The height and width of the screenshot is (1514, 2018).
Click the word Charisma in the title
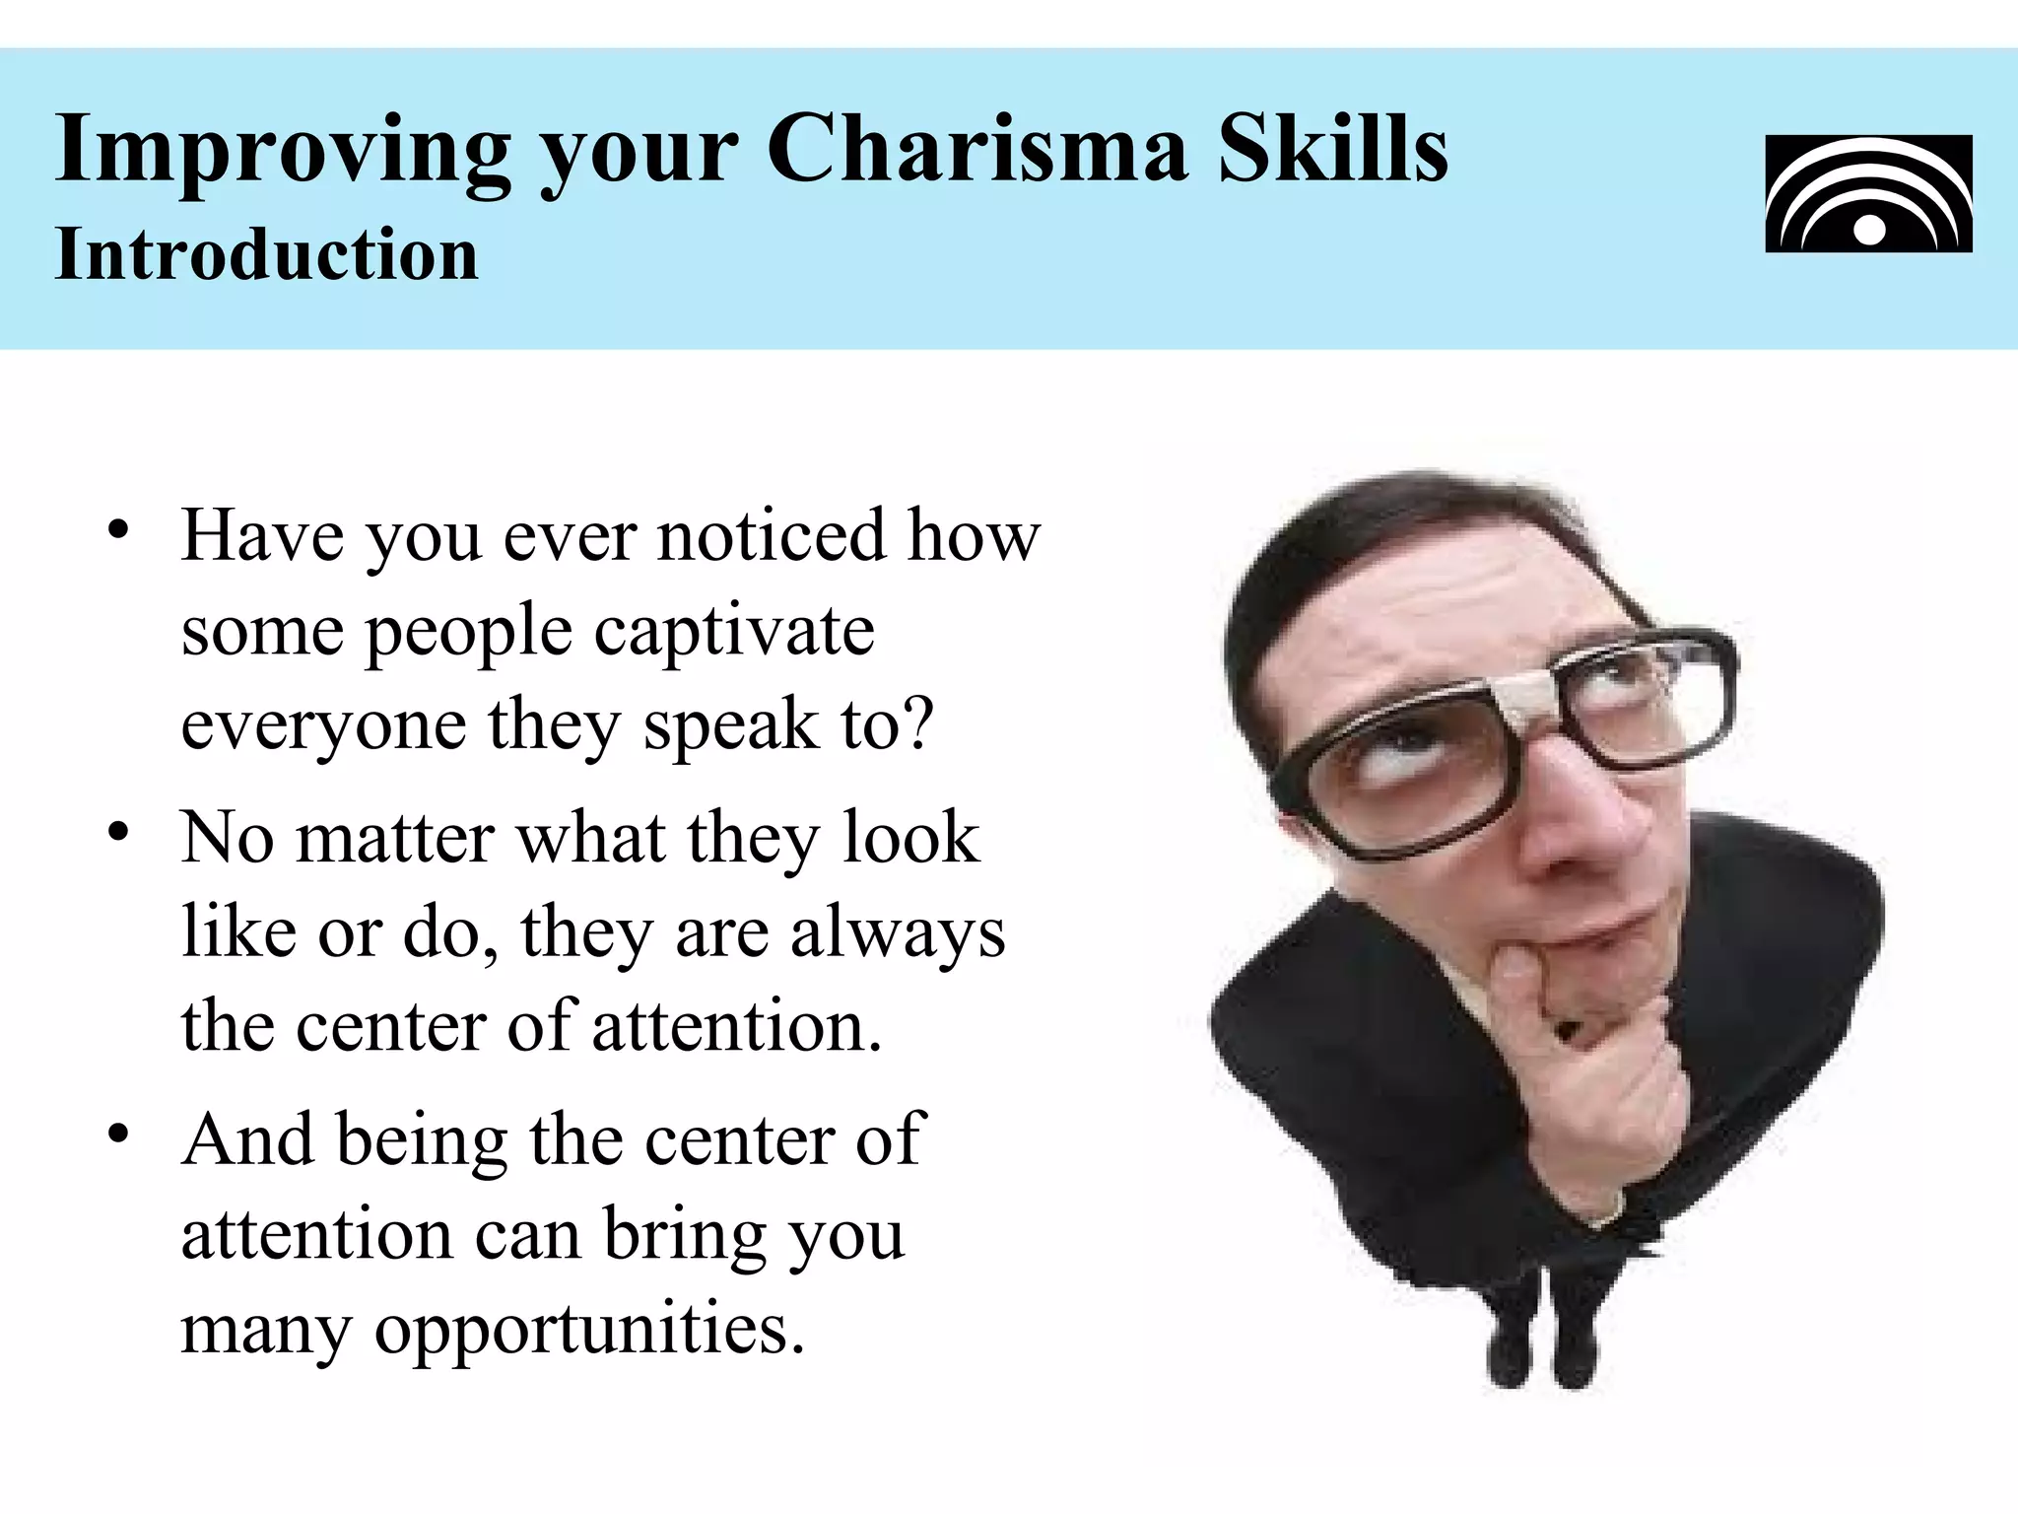pos(977,150)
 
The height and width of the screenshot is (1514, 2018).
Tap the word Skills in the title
pos(1334,150)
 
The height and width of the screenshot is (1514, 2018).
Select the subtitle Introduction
pos(266,254)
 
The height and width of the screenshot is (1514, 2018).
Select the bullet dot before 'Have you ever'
pos(119,530)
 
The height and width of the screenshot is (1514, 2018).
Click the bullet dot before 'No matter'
pos(119,832)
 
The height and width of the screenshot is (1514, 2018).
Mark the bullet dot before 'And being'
pos(119,1134)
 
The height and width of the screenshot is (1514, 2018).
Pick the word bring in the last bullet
pos(685,1234)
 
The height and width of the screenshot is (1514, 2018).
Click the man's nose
pos(1567,838)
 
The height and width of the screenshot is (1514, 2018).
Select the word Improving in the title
pos(283,150)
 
